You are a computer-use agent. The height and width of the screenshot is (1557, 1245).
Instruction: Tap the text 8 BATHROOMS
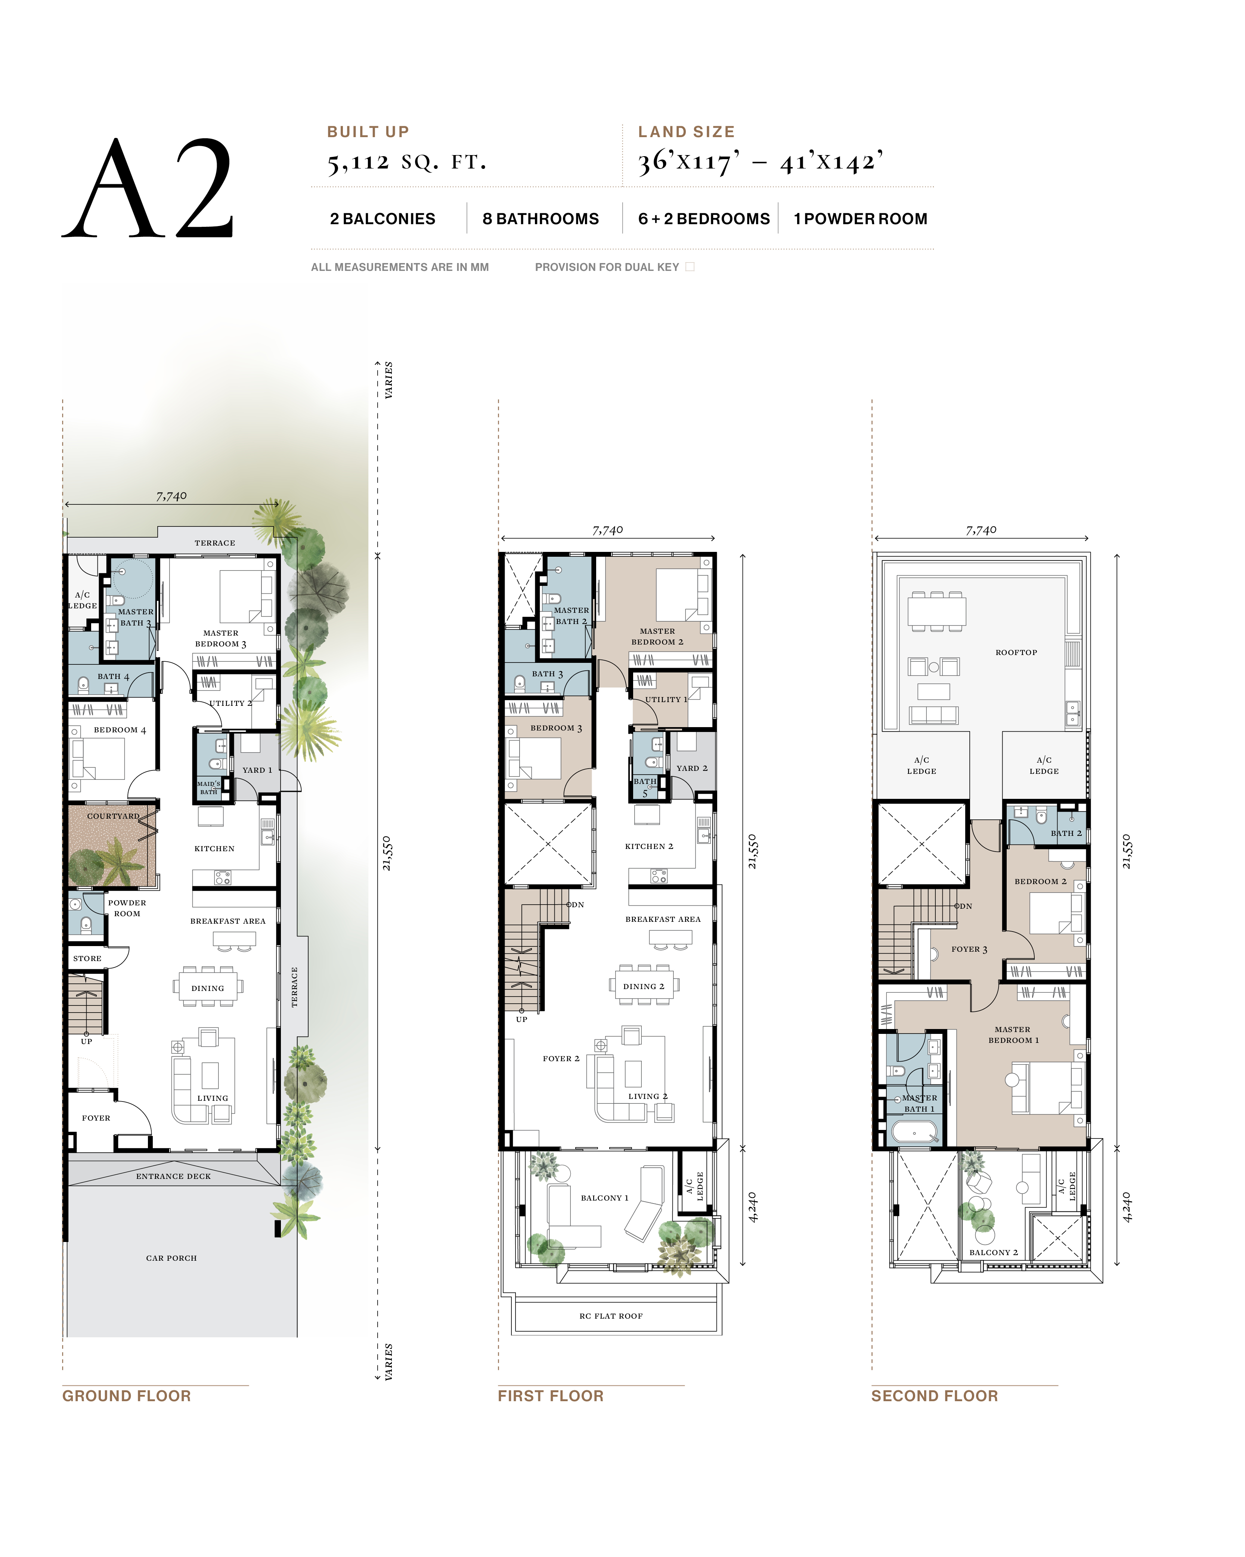[540, 219]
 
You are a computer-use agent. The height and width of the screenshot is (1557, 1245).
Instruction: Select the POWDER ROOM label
[127, 908]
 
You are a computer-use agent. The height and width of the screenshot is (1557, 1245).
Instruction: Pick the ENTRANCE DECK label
[173, 1176]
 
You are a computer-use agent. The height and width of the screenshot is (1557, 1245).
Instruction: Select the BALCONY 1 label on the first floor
[604, 1197]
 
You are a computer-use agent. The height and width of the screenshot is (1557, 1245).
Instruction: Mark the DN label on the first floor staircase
[577, 904]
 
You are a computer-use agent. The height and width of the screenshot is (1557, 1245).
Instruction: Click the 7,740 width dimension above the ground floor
[171, 496]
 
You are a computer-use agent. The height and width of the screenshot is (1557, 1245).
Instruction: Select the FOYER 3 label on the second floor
[969, 949]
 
